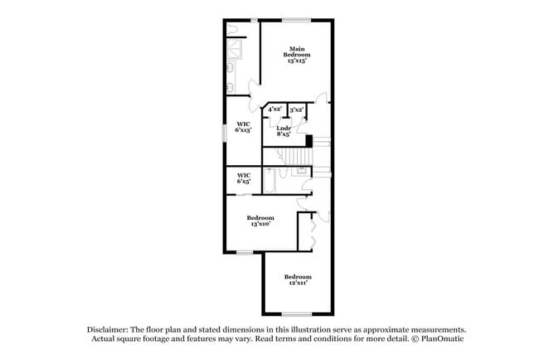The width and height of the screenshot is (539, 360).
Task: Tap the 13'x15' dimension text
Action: pos(297,61)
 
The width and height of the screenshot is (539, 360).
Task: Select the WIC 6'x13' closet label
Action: pos(243,127)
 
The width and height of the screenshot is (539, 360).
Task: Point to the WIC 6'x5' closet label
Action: pos(244,178)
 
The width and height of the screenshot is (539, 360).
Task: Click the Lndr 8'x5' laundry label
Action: pos(283,131)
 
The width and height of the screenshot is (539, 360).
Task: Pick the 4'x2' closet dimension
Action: pos(274,109)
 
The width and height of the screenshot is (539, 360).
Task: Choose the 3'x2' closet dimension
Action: pos(296,109)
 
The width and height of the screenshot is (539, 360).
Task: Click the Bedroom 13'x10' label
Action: pos(260,221)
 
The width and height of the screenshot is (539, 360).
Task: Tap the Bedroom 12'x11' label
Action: pos(298,280)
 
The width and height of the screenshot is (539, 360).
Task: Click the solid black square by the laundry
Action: pos(308,140)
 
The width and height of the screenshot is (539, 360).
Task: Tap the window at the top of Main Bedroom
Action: pos(296,19)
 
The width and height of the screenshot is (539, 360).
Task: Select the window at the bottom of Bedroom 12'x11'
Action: pos(297,314)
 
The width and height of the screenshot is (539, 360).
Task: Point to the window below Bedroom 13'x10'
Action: pos(243,252)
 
